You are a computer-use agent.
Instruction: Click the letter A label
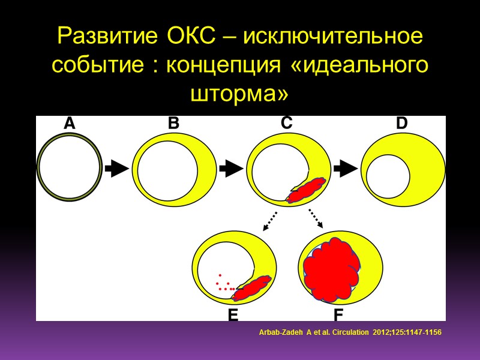pos(70,124)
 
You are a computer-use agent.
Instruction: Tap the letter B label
pos(173,124)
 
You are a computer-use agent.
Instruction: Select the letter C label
pos(286,123)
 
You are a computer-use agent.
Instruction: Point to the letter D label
pos(401,124)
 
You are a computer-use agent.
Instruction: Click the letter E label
pos(233,314)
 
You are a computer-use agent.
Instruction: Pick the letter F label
pos(340,314)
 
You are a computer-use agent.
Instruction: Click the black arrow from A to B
pos(116,169)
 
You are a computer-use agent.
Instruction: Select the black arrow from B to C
pos(231,169)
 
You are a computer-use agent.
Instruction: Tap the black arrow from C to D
pos(345,169)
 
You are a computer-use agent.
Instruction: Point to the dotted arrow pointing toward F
pos(316,218)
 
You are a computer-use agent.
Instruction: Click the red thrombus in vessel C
pos(306,190)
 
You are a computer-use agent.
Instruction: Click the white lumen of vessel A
pos(69,169)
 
